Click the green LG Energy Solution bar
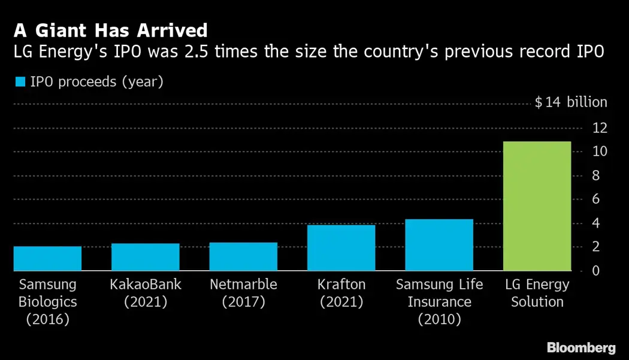pos(537,207)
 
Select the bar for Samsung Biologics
pos(47,259)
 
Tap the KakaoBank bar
pos(146,257)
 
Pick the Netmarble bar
pos(243,256)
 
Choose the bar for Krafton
pos(341,248)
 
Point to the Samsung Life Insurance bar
pos(439,245)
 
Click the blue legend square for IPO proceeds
pos(20,82)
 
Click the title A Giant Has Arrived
pos(110,31)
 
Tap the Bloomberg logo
pos(581,347)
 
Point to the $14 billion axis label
pos(570,102)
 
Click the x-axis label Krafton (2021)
pos(341,293)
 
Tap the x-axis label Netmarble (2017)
pos(243,293)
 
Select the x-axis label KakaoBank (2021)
pos(146,293)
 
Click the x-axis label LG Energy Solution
pos(537,293)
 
